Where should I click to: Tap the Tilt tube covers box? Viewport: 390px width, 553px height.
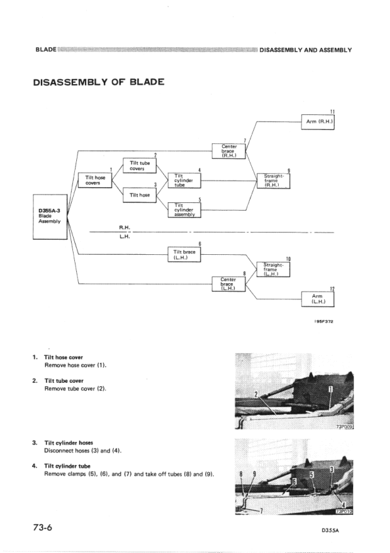pyautogui.click(x=139, y=166)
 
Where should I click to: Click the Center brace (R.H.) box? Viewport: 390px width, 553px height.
pyautogui.click(x=229, y=152)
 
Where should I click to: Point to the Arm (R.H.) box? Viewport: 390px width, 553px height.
pyautogui.click(x=318, y=122)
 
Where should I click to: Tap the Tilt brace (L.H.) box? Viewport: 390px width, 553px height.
pyautogui.click(x=185, y=254)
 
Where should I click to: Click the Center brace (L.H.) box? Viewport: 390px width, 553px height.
pyautogui.click(x=229, y=284)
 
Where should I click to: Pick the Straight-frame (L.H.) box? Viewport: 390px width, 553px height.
pyautogui.click(x=272, y=269)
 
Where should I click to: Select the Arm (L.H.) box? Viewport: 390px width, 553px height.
pyautogui.click(x=318, y=299)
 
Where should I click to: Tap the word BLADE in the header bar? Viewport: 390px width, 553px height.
pyautogui.click(x=45, y=51)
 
